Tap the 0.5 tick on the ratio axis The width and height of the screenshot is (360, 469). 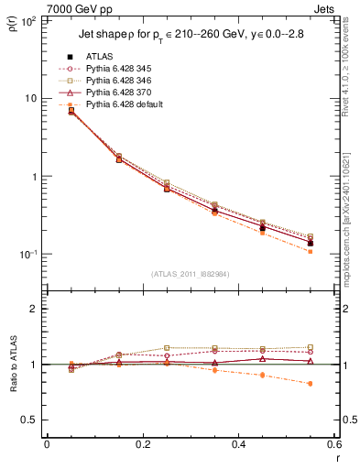pos(30,420)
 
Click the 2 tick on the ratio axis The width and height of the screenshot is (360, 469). pos(34,309)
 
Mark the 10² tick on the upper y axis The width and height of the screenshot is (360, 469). pos(27,20)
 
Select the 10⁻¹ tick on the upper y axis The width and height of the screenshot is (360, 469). pos(27,254)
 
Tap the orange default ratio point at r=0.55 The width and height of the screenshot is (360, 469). pos(311,383)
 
